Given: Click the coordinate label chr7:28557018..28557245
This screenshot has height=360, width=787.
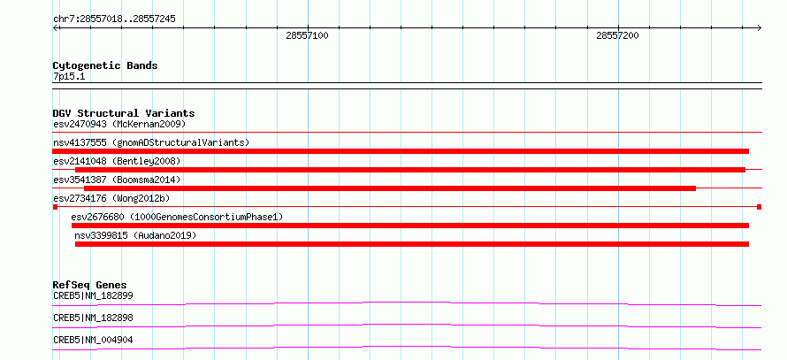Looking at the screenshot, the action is pyautogui.click(x=114, y=19).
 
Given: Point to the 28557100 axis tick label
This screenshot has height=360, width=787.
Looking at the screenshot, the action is pyautogui.click(x=307, y=35).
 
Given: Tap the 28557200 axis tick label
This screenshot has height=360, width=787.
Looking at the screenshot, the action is pyautogui.click(x=617, y=35).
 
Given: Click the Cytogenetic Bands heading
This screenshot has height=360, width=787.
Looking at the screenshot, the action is pyautogui.click(x=105, y=65).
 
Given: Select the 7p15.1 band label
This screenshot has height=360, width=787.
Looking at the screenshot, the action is pyautogui.click(x=68, y=77).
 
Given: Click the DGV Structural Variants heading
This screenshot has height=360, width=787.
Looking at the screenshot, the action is pyautogui.click(x=124, y=113).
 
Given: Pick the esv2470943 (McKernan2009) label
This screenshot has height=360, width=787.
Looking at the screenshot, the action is pyautogui.click(x=119, y=124).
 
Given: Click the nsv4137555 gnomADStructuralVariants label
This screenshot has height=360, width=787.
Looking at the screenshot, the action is pyautogui.click(x=151, y=142).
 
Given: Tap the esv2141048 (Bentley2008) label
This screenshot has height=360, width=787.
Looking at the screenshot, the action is pyautogui.click(x=117, y=161).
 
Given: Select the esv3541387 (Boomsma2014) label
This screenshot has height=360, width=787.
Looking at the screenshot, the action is pyautogui.click(x=117, y=180).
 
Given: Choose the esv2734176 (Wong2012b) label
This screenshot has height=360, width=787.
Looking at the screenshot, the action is pyautogui.click(x=111, y=198).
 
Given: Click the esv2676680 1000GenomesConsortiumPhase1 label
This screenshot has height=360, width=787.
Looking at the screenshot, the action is pyautogui.click(x=177, y=217).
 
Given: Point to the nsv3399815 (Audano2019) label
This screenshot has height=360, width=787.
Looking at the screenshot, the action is pyautogui.click(x=135, y=235).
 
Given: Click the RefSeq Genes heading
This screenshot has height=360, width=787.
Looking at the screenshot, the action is pyautogui.click(x=90, y=285).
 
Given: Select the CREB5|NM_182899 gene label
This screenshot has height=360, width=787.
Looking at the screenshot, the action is pyautogui.click(x=93, y=295).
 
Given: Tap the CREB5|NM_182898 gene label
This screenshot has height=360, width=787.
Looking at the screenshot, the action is pyautogui.click(x=93, y=318).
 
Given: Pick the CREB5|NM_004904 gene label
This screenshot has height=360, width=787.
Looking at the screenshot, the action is pyautogui.click(x=93, y=340).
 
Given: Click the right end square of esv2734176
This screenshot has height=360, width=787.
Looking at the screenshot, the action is pyautogui.click(x=760, y=207).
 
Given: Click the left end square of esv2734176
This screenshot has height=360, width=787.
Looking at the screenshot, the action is pyautogui.click(x=55, y=207).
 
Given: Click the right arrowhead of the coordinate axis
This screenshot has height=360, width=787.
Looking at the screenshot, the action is pyautogui.click(x=760, y=27).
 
